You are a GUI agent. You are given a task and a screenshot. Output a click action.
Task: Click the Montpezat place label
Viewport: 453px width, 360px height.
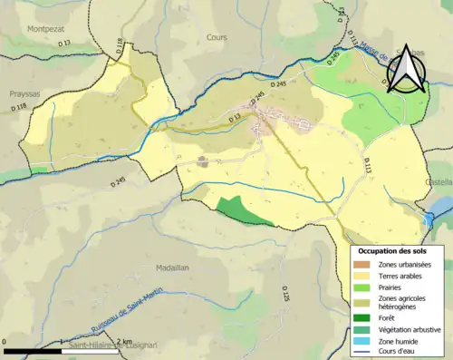click(45, 28)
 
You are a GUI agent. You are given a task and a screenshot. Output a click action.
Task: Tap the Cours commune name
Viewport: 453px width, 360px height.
click(217, 39)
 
